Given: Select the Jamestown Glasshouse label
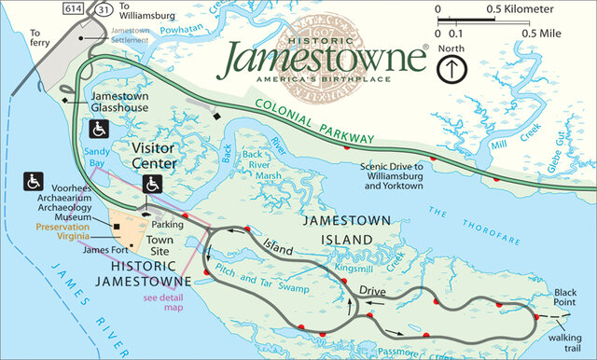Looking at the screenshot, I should point(120,102).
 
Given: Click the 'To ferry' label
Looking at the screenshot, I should point(38,37).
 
